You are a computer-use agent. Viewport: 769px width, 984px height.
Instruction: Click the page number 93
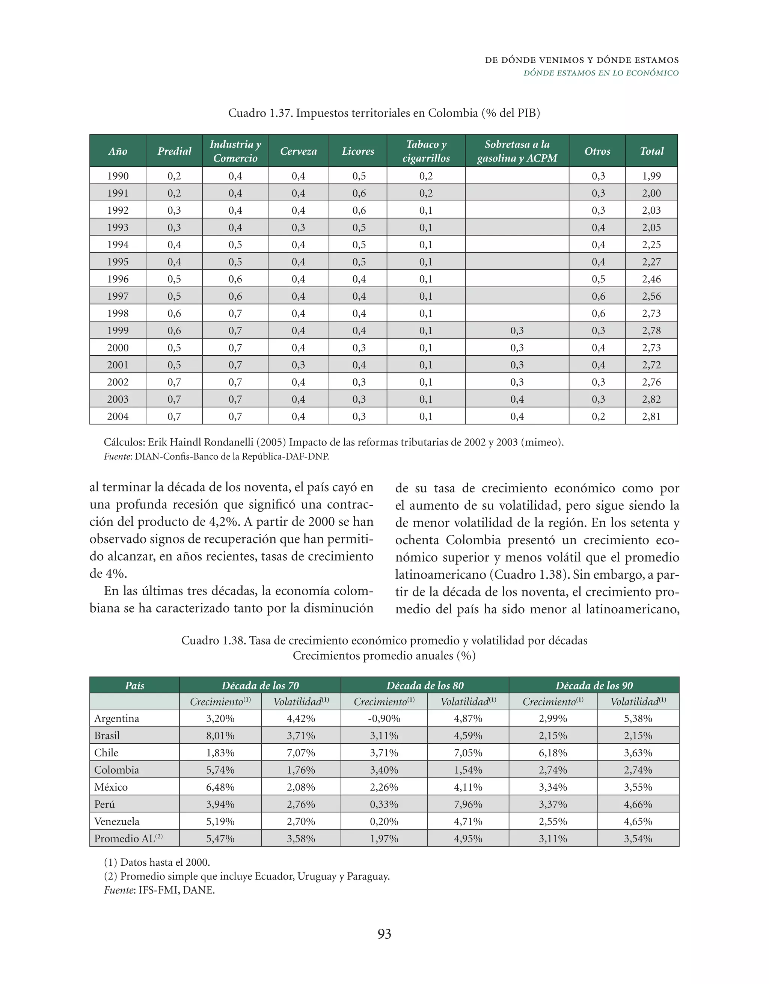pos(384,934)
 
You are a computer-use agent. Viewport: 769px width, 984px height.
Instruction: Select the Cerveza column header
pos(298,151)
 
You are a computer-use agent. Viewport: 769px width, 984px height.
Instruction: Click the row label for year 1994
pos(118,244)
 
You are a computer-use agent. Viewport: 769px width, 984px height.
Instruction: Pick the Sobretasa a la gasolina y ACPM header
pos(517,151)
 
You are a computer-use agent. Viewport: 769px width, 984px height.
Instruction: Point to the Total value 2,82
pos(651,399)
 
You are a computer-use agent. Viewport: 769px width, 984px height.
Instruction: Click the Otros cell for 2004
pos(598,416)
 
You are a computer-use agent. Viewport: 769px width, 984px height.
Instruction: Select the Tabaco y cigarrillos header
pos(426,151)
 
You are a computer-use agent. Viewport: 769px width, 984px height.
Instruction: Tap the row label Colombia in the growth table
pos(117,770)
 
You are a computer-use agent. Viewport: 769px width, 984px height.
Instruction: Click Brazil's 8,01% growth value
pos(220,735)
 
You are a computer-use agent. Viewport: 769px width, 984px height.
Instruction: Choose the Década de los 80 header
pos(424,685)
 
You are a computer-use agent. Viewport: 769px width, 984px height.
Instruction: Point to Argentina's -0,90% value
pos(384,718)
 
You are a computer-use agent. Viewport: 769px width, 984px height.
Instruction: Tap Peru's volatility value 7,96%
pos(468,804)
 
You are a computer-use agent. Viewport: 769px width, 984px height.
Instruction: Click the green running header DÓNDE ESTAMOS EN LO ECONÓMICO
pos(600,73)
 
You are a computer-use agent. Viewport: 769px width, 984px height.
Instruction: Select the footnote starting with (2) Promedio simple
pos(247,876)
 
